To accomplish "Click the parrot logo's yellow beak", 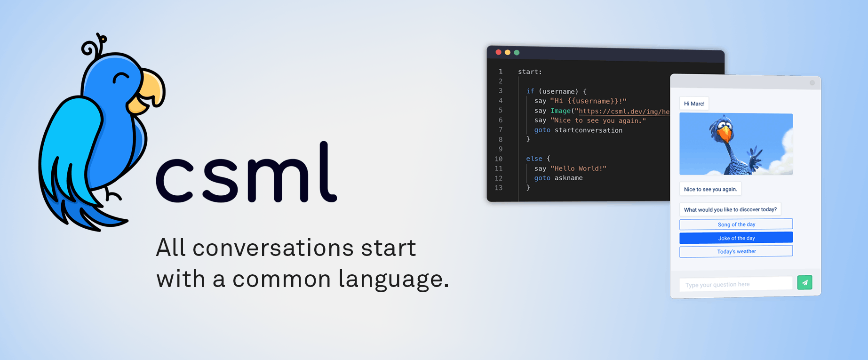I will pos(150,90).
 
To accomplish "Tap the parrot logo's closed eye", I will pos(121,77).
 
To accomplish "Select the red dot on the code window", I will pos(499,52).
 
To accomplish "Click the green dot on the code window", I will pos(517,53).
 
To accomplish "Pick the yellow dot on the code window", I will pos(508,52).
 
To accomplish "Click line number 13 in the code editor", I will pos(499,188).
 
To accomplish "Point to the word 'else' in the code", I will pos(534,159).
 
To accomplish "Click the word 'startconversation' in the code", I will pos(588,130).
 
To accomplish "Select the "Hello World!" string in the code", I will pos(578,168).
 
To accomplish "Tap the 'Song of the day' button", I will pos(736,224).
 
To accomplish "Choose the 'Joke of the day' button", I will pos(736,238).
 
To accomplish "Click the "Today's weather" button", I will pos(736,252).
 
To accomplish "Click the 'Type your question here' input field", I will pos(735,284).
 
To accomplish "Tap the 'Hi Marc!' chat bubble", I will pos(694,104).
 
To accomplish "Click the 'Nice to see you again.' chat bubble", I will pos(710,189).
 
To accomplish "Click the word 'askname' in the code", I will pos(568,178).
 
